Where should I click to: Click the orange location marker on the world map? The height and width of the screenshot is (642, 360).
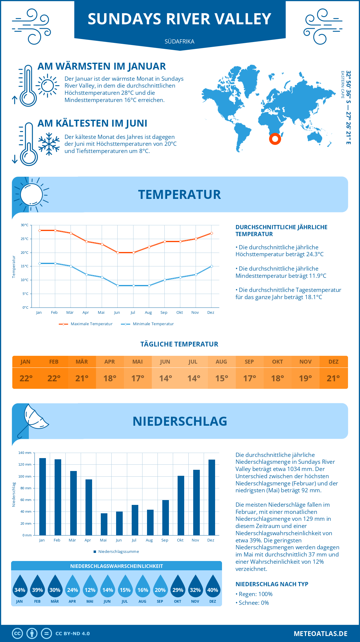point(275,139)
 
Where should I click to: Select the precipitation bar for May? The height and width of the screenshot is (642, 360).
point(104,524)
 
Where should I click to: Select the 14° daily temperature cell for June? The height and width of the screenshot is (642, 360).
point(165,378)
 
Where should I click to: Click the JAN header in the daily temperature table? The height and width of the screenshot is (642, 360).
point(25,362)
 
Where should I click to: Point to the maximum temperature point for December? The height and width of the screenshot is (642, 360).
point(211,233)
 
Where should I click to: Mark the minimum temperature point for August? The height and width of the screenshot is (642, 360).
point(149,286)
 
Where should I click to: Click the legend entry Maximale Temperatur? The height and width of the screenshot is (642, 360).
point(86,324)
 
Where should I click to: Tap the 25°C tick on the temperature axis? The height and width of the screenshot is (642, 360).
point(25,239)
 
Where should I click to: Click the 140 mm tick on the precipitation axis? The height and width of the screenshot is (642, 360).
point(25,453)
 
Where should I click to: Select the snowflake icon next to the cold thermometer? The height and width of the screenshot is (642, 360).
point(49,144)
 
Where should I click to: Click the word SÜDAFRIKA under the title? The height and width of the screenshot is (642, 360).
point(179,41)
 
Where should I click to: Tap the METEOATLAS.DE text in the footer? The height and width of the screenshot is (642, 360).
point(320,634)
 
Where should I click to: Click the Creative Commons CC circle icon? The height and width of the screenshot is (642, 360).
point(17,634)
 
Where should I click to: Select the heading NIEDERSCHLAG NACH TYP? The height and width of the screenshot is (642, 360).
point(272,584)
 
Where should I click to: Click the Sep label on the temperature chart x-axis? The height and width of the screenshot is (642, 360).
point(164,313)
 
